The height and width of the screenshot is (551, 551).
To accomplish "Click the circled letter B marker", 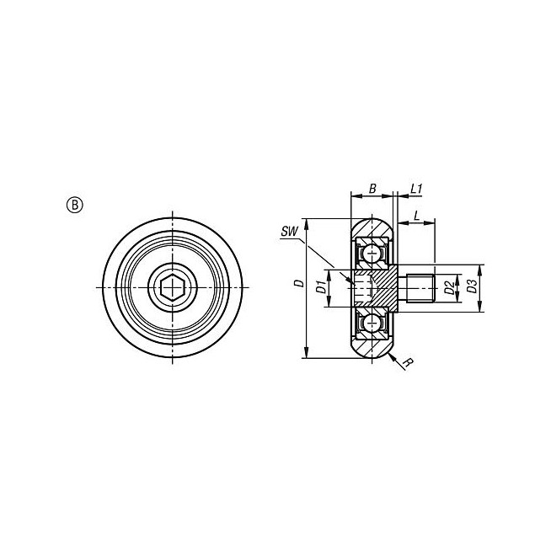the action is click(x=74, y=206).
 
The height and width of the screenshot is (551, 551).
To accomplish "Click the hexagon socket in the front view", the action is click(x=172, y=288).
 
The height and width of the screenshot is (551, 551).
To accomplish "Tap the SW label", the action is click(x=289, y=232).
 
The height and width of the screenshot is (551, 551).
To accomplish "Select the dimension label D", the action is click(x=299, y=283).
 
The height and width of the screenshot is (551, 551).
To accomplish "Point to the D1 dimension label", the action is click(x=320, y=287).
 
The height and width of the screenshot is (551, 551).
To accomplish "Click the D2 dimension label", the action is click(x=448, y=287).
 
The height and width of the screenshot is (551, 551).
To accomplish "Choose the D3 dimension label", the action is click(x=472, y=286).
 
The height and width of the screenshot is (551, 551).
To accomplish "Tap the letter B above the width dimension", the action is click(x=372, y=189).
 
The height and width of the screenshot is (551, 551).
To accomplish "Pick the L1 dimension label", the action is click(x=415, y=189).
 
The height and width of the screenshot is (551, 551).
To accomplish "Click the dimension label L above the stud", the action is click(x=417, y=216).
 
